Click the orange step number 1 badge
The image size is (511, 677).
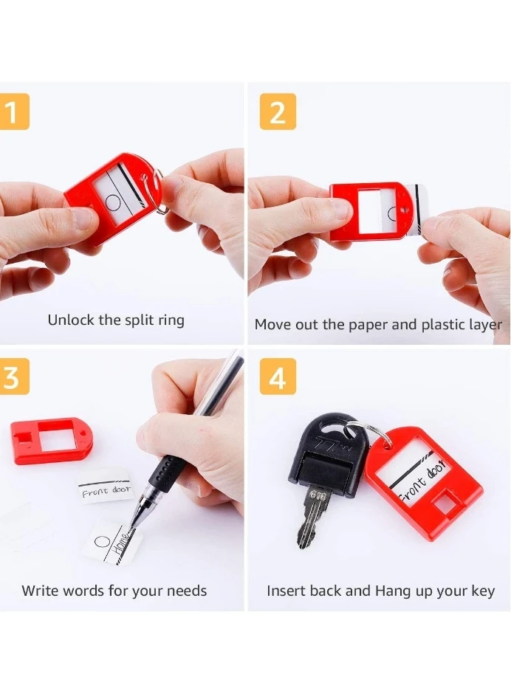14,111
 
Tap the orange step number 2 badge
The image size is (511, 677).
278,111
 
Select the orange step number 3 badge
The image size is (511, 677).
14,377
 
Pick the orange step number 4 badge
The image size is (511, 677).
278,377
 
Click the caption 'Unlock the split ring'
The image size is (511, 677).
116,320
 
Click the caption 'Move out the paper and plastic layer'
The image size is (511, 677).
378,325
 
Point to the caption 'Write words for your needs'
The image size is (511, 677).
114,591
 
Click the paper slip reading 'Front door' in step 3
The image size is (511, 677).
106,489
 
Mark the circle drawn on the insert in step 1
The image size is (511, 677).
113,202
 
